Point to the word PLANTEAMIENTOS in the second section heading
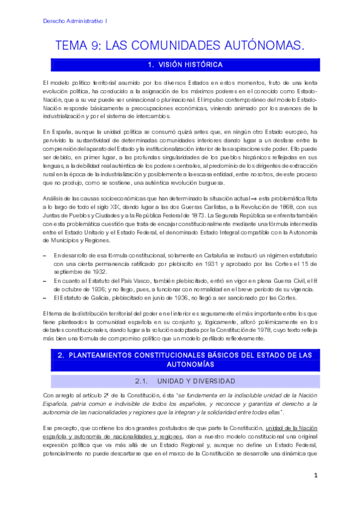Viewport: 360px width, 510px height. tap(106, 356)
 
